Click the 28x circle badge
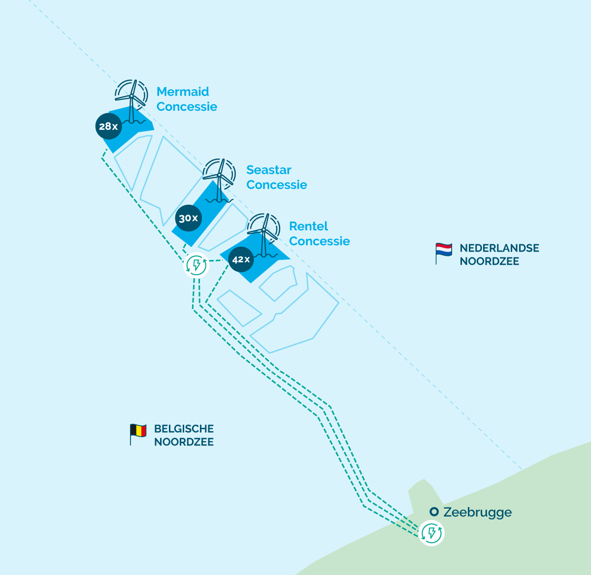(x=108, y=127)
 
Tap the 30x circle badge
(x=189, y=218)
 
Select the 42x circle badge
(x=241, y=259)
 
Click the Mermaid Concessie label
(x=187, y=99)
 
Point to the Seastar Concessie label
(x=276, y=177)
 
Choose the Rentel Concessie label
(x=319, y=233)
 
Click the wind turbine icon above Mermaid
(x=131, y=100)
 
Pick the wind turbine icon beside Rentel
(x=263, y=234)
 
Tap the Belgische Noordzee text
(x=184, y=435)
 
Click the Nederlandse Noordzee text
(x=499, y=255)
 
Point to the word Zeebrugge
(x=477, y=512)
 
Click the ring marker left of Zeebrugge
(x=434, y=512)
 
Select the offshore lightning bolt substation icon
(x=196, y=265)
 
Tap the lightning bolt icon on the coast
(x=431, y=533)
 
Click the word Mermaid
(x=183, y=92)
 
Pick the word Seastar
(x=269, y=170)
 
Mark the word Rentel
(x=308, y=226)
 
